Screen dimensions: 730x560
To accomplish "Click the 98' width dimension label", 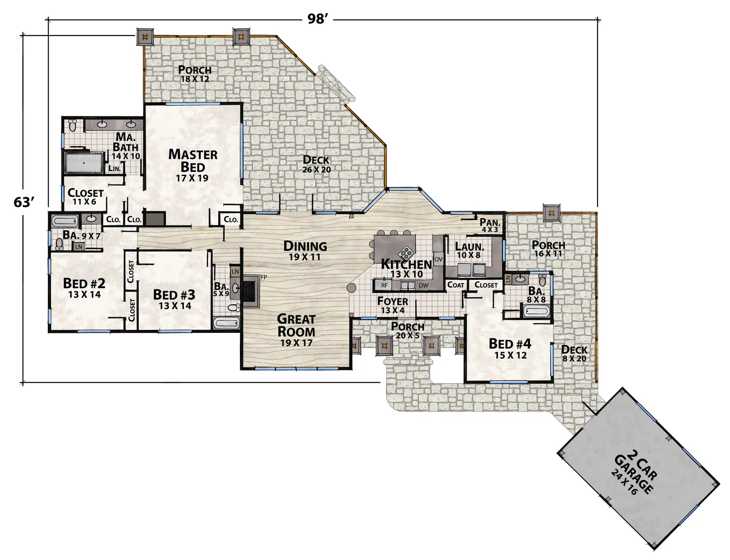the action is (x=317, y=19).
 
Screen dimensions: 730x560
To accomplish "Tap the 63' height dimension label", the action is (x=24, y=202).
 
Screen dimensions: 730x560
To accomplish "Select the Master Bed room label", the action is (x=193, y=165).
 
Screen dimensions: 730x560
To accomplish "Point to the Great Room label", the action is (x=296, y=330).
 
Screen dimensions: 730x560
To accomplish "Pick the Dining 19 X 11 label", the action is (x=305, y=251).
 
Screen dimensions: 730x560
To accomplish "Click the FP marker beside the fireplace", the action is (x=264, y=277).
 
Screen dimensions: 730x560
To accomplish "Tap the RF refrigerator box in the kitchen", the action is (x=384, y=285).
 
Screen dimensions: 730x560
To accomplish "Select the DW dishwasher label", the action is (x=423, y=285).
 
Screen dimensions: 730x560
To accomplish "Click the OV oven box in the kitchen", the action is (x=439, y=259).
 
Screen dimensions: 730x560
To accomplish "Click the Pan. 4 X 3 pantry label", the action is (x=490, y=225).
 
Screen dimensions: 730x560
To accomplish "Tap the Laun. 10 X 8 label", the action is (x=469, y=250).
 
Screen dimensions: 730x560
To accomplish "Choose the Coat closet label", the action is (x=456, y=285).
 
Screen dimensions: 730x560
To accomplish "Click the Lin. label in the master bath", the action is (x=115, y=169).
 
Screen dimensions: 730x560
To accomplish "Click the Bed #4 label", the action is (x=510, y=349).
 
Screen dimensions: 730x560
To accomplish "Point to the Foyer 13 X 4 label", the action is (x=393, y=305).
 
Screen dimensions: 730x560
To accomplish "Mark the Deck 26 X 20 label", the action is (x=316, y=164).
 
